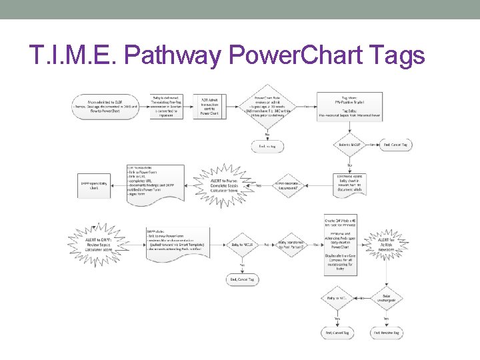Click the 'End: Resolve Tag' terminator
[x=387, y=332]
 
